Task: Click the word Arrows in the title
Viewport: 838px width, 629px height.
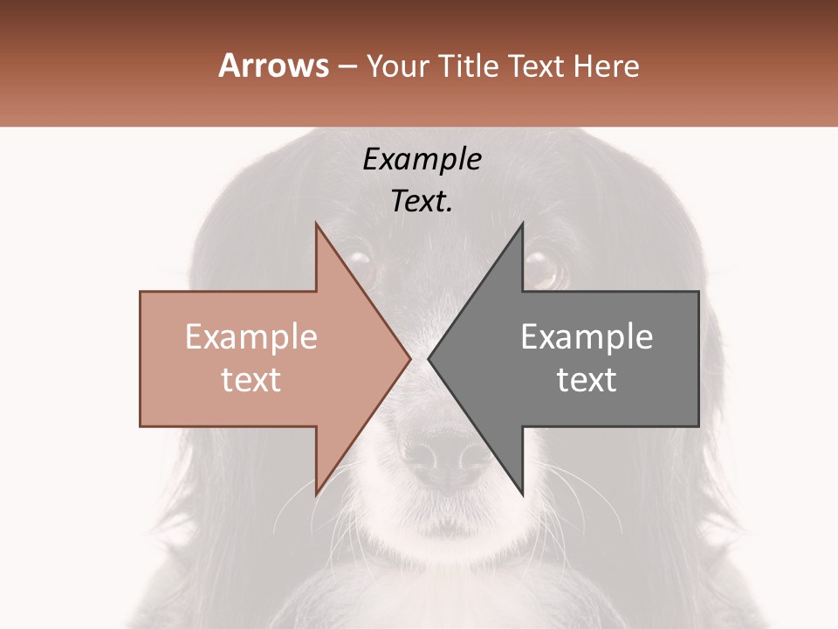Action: coord(274,66)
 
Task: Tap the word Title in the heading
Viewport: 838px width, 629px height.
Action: coord(470,66)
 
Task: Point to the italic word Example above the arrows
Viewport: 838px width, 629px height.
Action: coord(422,159)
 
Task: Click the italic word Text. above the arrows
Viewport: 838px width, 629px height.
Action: coord(422,202)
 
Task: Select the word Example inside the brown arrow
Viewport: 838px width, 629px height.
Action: coord(251,336)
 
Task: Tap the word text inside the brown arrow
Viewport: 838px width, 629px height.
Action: coord(251,379)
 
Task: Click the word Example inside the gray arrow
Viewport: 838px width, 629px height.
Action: coord(587,336)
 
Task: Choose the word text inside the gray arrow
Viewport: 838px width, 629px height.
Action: coord(587,379)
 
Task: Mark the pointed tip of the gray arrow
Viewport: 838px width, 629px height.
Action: coord(429,358)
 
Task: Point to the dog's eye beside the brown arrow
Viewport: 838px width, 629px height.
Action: coord(358,264)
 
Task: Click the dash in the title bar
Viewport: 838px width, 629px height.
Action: coord(347,67)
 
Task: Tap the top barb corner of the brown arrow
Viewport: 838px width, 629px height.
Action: coord(317,224)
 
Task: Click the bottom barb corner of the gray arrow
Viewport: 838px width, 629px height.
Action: coord(522,494)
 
